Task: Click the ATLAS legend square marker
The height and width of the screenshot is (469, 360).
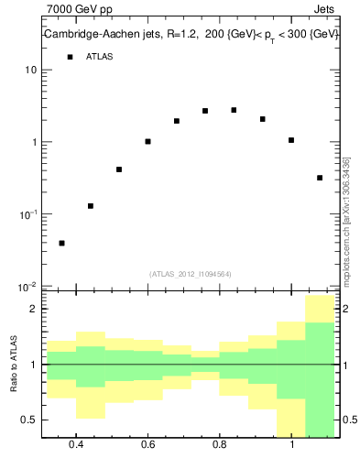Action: click(70, 57)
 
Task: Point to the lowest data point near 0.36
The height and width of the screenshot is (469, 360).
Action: click(61, 243)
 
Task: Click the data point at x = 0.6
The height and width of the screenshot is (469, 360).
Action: click(147, 141)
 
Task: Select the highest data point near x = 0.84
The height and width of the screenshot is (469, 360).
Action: click(234, 110)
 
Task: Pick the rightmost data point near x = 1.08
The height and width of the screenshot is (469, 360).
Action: click(320, 178)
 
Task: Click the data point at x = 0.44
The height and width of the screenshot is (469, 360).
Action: click(91, 206)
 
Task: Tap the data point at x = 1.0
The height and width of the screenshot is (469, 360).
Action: click(291, 140)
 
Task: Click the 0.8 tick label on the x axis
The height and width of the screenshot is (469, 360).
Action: click(219, 445)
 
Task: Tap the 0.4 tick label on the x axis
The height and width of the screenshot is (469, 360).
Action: click(76, 445)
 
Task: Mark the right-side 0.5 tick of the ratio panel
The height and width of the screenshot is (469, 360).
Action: click(349, 420)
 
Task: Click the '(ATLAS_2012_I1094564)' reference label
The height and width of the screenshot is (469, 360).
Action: click(191, 274)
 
